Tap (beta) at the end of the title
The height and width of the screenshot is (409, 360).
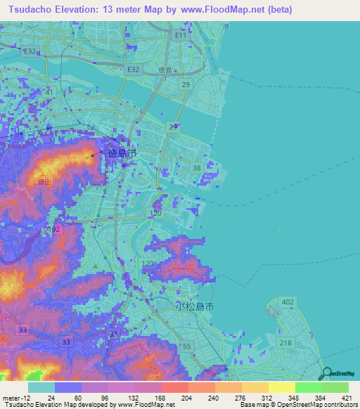275,10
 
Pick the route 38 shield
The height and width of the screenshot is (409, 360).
196,167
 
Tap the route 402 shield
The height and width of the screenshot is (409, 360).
287,301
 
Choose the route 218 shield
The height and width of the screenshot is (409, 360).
285,342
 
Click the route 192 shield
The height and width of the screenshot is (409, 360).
56,230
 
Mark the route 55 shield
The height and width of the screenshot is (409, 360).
186,346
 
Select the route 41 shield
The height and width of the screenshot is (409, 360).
49,92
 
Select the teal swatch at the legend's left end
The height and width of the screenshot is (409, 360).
41,387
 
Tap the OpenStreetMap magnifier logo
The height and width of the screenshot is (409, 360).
326,373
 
